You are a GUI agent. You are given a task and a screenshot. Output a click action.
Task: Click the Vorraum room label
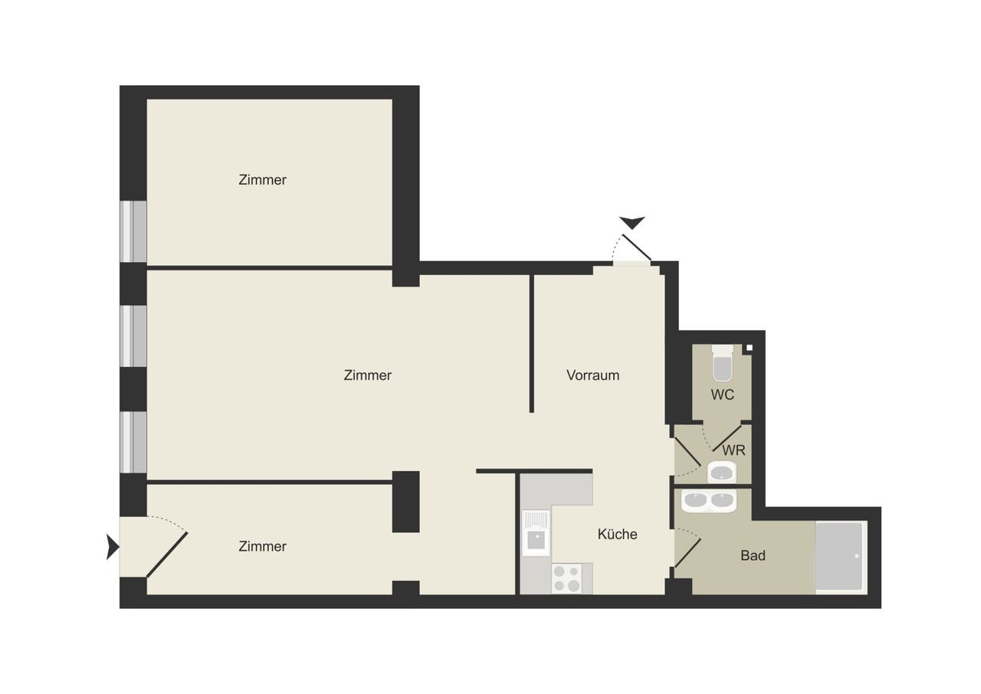[x=592, y=375]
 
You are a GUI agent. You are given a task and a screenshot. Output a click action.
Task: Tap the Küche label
[x=617, y=534]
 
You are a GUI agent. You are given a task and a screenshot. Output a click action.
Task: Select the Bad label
[x=753, y=555]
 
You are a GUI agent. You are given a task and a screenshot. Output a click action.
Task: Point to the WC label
[x=722, y=394]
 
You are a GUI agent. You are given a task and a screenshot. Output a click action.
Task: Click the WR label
[x=733, y=450]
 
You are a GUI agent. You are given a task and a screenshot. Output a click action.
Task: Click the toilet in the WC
[x=722, y=363]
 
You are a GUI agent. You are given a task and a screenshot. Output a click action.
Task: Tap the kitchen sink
[x=536, y=533]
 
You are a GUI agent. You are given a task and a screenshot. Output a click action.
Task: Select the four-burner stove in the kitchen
[x=566, y=578]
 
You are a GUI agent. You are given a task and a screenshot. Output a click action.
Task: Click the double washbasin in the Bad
[x=709, y=501]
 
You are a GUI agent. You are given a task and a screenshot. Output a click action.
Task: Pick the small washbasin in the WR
[x=722, y=472]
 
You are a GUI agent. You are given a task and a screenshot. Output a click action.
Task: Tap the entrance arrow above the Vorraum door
[x=632, y=223]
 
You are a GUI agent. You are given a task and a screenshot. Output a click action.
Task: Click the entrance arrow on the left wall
[x=113, y=546]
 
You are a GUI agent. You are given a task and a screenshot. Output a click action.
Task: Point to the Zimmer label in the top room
[x=262, y=180]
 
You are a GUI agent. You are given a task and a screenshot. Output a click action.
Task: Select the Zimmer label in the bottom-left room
[x=262, y=546]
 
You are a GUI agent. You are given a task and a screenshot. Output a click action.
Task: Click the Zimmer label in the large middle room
[x=367, y=375]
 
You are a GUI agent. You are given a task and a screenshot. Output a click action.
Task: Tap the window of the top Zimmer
[x=133, y=231]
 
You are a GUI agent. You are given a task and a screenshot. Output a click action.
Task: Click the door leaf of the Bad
[x=687, y=552]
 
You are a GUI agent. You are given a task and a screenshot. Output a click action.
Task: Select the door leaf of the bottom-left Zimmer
[x=167, y=555]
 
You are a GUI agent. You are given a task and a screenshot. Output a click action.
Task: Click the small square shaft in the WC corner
[x=749, y=348]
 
